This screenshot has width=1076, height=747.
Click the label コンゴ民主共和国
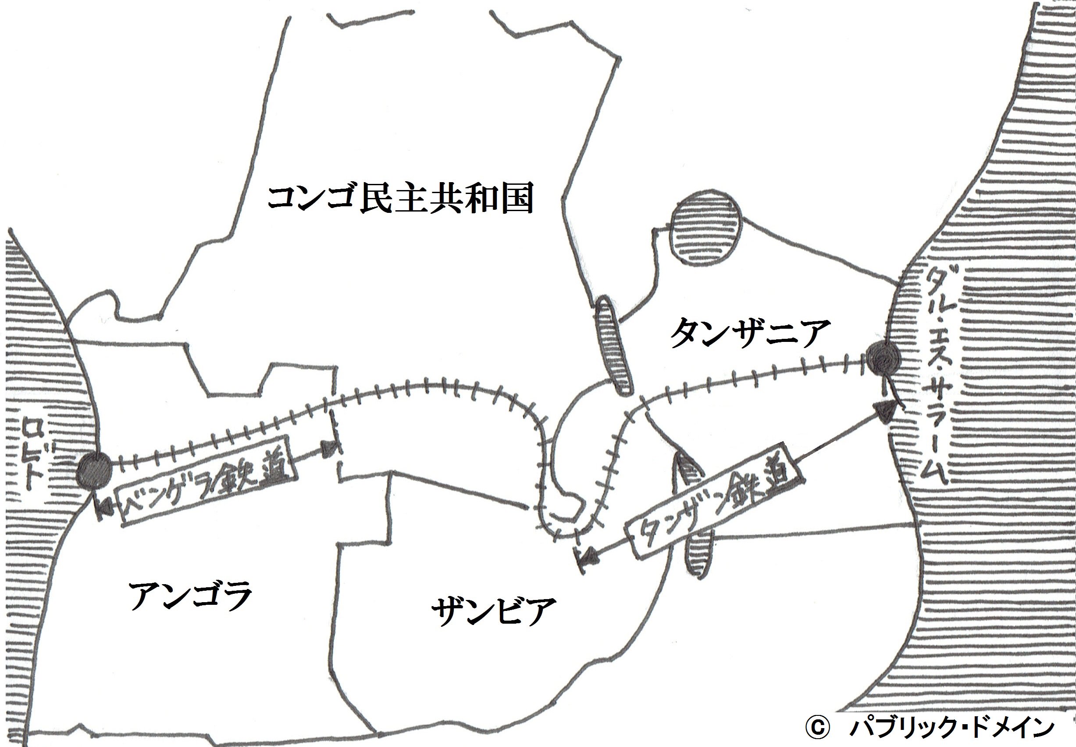coord(400,198)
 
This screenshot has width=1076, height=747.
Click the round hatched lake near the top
coord(705,234)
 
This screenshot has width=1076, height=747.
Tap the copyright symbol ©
coord(817,728)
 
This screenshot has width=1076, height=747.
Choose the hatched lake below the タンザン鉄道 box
coord(698,551)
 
